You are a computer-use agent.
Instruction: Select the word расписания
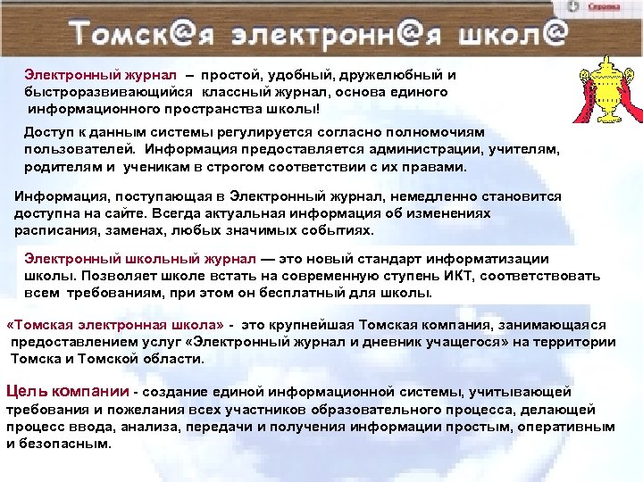[53, 230]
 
